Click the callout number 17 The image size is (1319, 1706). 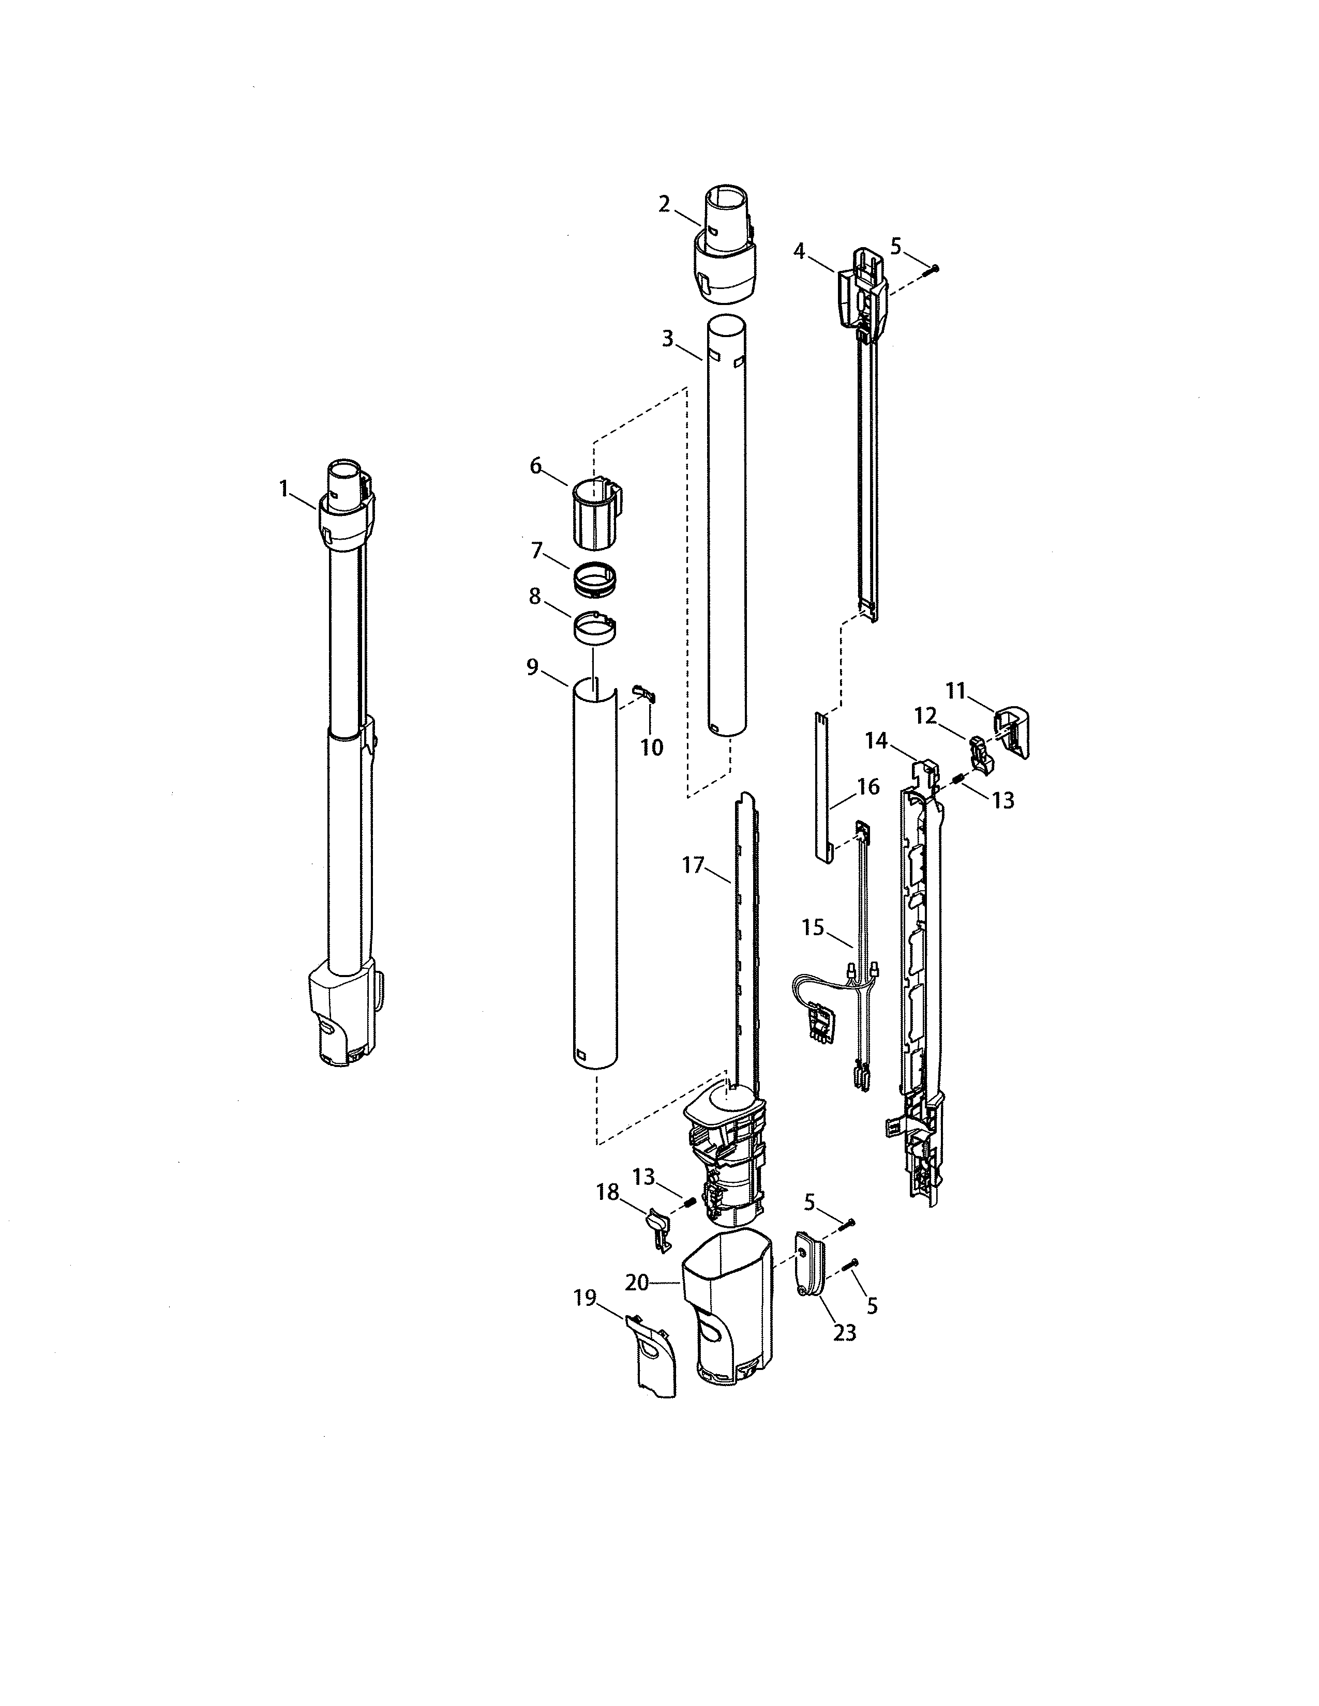click(x=693, y=865)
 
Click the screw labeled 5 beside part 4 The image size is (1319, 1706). click(x=932, y=269)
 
